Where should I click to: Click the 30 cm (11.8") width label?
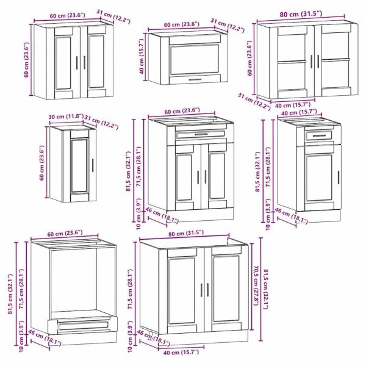click(66, 117)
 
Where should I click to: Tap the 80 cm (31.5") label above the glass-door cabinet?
click(301, 14)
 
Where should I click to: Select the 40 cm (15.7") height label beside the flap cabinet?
click(142, 56)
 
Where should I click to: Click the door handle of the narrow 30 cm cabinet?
click(93, 165)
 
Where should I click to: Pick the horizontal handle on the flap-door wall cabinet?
click(195, 79)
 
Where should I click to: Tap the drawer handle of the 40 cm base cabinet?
click(319, 135)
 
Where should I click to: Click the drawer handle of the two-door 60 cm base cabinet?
click(201, 134)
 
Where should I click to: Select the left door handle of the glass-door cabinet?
click(311, 62)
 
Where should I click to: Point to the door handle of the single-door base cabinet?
click(339, 177)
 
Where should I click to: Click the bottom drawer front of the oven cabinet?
click(83, 326)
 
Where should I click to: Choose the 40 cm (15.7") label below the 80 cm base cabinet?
click(181, 352)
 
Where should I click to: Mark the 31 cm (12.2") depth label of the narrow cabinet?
click(101, 122)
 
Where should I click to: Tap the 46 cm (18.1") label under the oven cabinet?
click(45, 337)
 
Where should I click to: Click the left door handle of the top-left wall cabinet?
click(77, 63)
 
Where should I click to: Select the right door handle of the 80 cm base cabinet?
click(208, 290)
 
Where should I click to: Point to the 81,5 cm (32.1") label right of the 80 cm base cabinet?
click(266, 289)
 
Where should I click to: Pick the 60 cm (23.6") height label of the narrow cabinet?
click(41, 163)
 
